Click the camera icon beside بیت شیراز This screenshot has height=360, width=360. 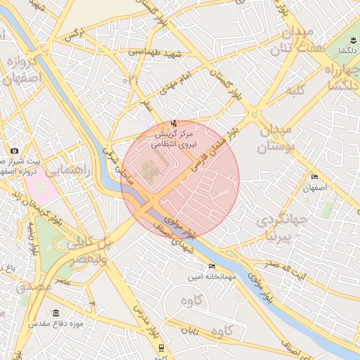[15, 151]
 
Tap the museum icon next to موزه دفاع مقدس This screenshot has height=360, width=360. [56, 313]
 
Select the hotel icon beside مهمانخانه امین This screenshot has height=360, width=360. [212, 266]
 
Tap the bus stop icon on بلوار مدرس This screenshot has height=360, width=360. [162, 347]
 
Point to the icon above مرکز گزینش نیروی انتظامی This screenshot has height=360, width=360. [174, 124]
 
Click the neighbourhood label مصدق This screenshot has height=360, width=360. [33, 286]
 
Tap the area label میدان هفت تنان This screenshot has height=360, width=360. [290, 41]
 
